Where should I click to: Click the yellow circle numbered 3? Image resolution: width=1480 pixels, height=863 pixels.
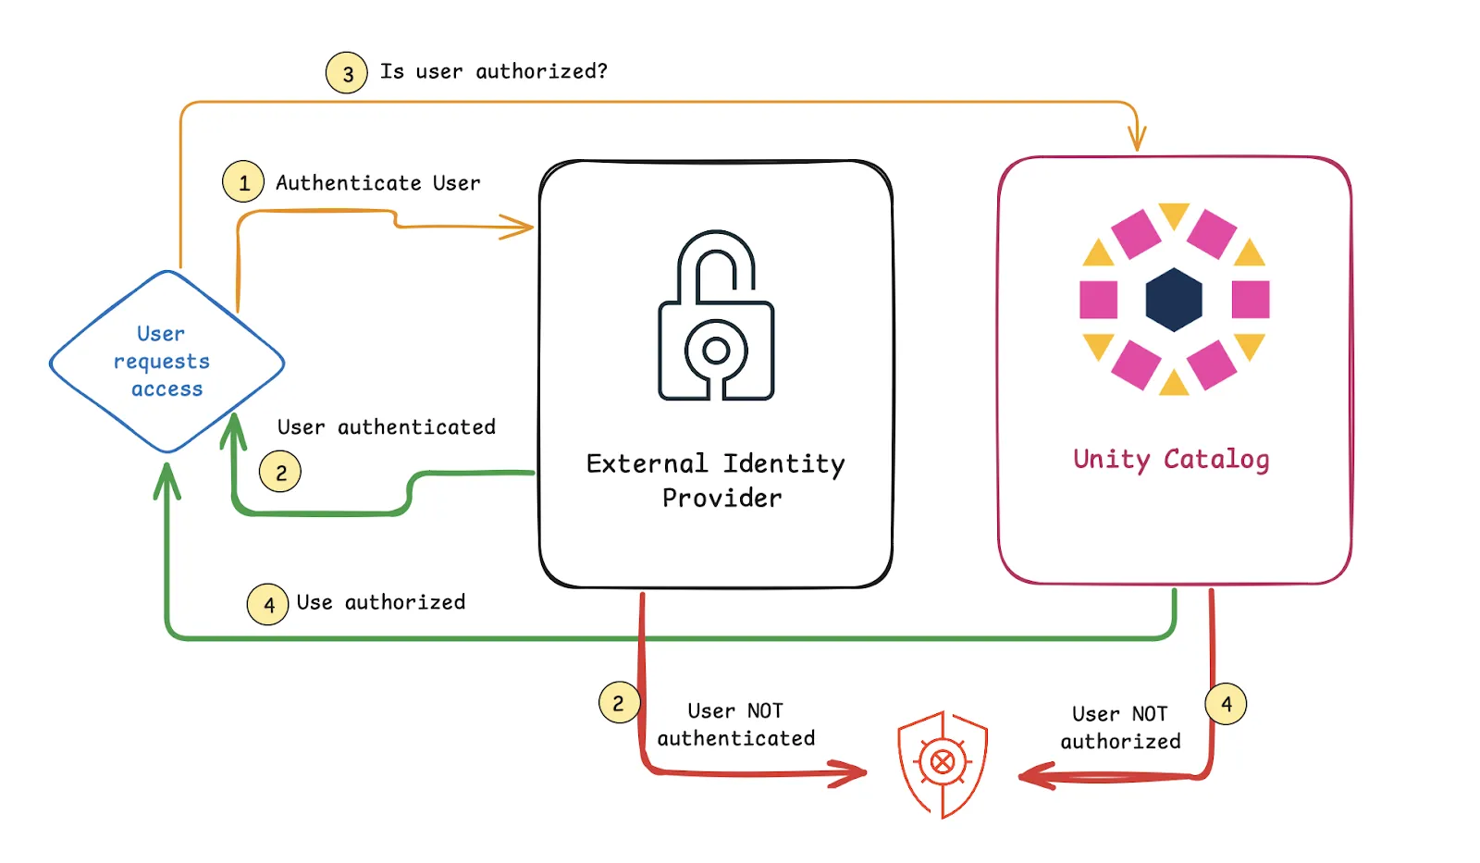347,73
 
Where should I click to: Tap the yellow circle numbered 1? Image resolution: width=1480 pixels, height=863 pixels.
243,182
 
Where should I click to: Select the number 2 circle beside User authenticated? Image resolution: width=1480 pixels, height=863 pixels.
280,473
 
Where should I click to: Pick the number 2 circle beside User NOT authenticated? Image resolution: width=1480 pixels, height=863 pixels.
619,703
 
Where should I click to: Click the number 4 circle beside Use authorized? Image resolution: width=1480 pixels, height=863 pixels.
268,605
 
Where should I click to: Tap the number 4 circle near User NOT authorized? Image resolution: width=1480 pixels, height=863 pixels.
1226,704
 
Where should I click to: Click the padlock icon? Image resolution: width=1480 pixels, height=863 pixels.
716,316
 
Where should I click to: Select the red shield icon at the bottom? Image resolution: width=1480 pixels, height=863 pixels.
943,763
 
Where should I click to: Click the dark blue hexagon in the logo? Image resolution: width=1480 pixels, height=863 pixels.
1174,300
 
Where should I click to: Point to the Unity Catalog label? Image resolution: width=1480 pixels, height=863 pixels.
1171,460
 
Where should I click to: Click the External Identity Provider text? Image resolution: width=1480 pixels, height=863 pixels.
717,480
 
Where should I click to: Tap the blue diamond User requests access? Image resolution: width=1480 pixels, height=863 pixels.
166,362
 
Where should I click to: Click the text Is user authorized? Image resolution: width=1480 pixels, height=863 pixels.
494,71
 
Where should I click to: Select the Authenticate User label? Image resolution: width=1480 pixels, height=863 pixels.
377,183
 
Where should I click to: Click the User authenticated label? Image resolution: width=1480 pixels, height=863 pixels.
387,427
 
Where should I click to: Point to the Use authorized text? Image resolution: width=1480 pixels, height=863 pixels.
381,603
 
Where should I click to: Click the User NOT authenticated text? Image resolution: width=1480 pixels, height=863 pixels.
736,724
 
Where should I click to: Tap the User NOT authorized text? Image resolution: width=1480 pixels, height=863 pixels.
1120,727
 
